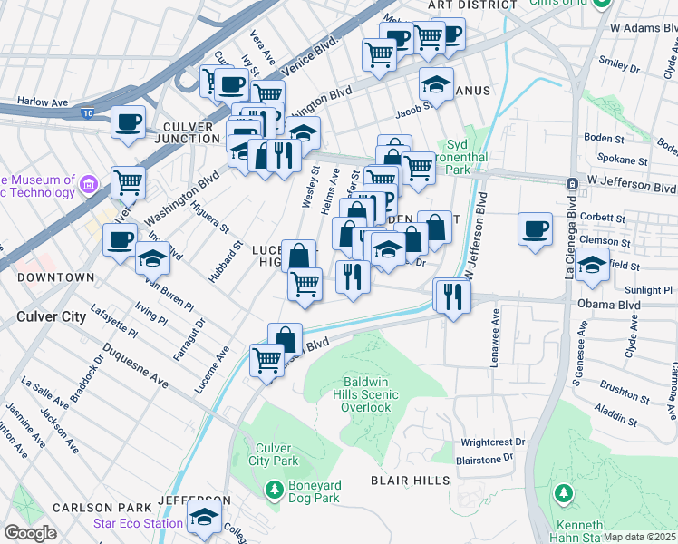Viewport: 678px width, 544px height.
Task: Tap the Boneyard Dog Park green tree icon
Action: click(x=274, y=491)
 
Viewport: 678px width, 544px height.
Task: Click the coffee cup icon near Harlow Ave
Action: click(x=128, y=121)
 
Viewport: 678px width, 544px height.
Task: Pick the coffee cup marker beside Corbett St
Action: click(x=536, y=228)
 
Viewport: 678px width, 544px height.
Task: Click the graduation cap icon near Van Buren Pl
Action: click(x=152, y=257)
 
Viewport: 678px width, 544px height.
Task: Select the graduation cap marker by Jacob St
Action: click(x=436, y=84)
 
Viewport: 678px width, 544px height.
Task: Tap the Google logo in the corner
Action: click(x=30, y=533)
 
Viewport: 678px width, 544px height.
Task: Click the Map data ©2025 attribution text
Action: click(x=639, y=537)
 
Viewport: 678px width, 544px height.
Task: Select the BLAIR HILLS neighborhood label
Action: click(x=411, y=480)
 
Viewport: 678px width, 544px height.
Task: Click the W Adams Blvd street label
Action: click(x=644, y=28)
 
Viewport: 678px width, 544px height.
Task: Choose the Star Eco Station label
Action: click(x=138, y=523)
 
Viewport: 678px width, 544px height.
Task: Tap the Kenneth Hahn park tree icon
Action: click(x=564, y=493)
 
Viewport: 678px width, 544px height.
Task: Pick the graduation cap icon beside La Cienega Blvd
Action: click(x=593, y=266)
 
